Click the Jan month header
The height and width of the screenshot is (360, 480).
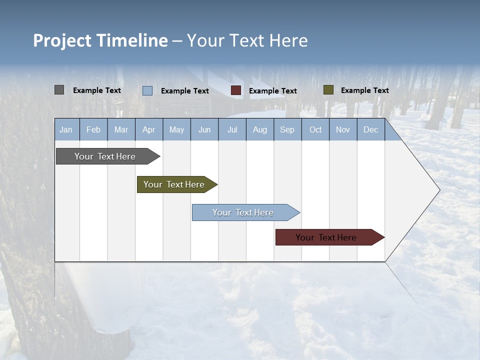[66, 129]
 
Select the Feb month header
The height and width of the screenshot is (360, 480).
[93, 129]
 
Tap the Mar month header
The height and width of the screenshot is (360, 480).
[121, 129]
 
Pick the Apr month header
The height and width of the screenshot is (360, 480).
[149, 129]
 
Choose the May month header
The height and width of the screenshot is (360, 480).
[176, 129]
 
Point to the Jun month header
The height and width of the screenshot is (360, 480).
[204, 129]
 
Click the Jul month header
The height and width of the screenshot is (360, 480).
[232, 129]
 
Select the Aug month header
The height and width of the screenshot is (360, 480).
[260, 129]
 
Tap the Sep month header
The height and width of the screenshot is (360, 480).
[287, 129]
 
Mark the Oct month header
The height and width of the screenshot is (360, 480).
[315, 129]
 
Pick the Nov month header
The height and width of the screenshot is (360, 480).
[343, 129]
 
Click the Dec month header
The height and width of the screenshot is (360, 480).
[371, 129]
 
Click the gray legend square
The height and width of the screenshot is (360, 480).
[59, 90]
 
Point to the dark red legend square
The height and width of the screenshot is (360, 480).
[236, 90]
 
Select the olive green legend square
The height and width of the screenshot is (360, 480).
[328, 90]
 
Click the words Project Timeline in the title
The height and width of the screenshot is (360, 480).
[100, 40]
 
